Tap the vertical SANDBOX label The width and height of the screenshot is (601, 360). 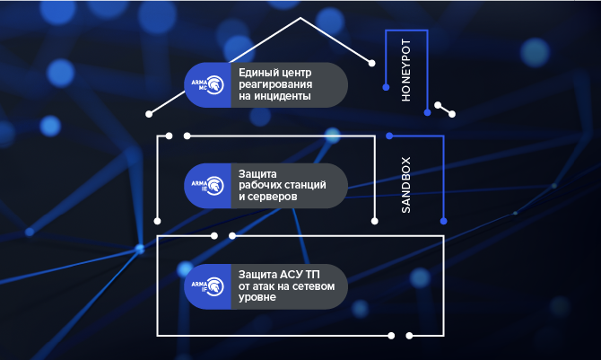405,186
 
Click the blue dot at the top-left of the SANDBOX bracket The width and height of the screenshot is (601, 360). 389,136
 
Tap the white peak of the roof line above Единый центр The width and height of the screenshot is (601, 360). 301,17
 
